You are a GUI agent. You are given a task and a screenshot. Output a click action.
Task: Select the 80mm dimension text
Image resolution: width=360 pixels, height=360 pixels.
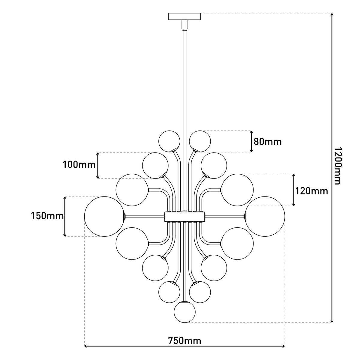click(x=268, y=141)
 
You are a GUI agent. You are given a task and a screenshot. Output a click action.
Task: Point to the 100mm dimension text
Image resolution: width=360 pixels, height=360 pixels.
click(x=79, y=164)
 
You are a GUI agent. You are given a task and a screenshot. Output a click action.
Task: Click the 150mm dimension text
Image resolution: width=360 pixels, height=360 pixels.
click(x=47, y=215)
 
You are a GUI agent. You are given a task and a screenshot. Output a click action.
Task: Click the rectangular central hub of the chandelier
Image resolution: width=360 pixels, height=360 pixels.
click(x=184, y=216)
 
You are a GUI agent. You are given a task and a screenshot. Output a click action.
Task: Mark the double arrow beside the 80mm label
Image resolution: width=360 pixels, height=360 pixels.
click(x=251, y=141)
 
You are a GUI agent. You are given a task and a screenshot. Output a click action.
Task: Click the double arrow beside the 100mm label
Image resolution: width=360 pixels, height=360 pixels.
click(x=98, y=165)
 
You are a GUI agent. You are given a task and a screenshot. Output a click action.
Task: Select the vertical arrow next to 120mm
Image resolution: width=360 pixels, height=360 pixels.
click(x=293, y=190)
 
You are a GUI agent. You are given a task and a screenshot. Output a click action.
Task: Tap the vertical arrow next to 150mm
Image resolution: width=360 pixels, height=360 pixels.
click(x=65, y=217)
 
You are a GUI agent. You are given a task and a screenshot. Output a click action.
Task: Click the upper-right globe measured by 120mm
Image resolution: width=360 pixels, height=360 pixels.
click(x=238, y=190)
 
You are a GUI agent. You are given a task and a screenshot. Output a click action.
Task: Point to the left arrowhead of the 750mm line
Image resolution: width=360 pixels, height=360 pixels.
click(x=86, y=346)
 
